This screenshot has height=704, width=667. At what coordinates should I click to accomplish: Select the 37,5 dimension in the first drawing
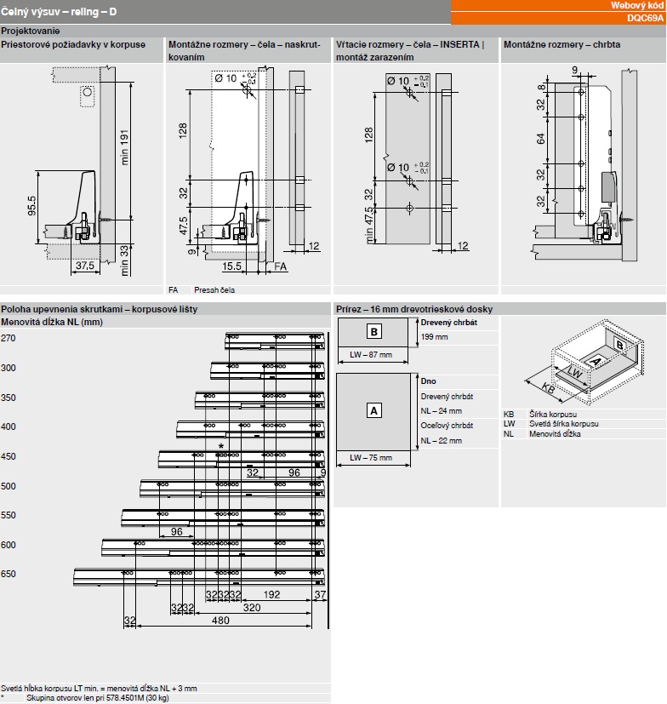(x=83, y=266)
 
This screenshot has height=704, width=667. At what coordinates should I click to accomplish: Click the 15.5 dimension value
(x=232, y=266)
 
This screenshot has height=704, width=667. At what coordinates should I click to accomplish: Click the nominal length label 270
(x=9, y=338)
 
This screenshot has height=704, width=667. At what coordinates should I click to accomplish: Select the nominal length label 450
(x=9, y=456)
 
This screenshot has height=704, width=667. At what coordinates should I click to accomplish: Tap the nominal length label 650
(x=9, y=574)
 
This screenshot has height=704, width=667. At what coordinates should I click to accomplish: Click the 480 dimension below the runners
(x=220, y=621)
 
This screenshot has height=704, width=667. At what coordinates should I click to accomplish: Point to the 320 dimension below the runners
(x=253, y=608)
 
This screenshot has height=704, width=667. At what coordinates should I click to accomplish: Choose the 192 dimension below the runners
(x=272, y=594)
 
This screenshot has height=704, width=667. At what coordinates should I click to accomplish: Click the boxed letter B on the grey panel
(x=374, y=330)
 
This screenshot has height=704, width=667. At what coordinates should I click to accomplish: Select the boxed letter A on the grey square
(x=373, y=410)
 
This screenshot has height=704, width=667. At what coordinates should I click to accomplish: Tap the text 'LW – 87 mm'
(x=371, y=353)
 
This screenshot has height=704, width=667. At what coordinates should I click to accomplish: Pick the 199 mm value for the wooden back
(x=434, y=337)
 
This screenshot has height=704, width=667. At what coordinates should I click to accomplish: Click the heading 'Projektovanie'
(x=26, y=31)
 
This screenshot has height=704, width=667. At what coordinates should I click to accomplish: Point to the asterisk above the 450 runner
(x=221, y=446)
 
